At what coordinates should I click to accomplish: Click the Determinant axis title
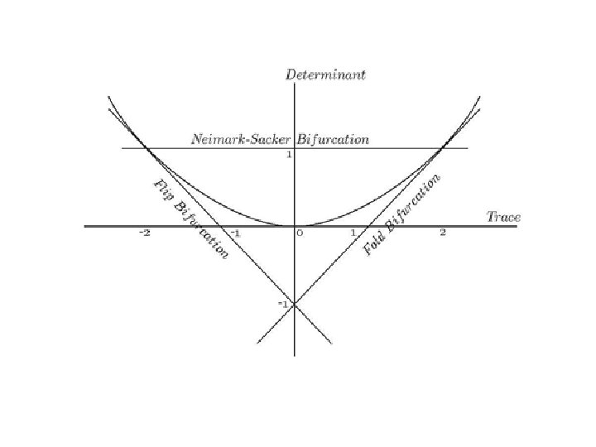point(325,74)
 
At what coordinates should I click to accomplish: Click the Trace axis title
point(503,217)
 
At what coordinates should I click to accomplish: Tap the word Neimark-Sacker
point(237,139)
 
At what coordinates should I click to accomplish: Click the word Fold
point(375,243)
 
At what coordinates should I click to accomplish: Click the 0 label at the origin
point(300,233)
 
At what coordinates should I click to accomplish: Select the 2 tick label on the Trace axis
point(443,233)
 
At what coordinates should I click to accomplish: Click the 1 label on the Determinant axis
point(288,156)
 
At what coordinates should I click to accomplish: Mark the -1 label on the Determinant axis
point(283,304)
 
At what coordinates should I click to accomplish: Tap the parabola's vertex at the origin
point(295,225)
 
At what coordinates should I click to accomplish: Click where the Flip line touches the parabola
point(146,148)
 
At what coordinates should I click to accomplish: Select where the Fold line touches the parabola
point(444,148)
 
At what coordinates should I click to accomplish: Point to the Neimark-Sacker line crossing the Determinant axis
point(295,148)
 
